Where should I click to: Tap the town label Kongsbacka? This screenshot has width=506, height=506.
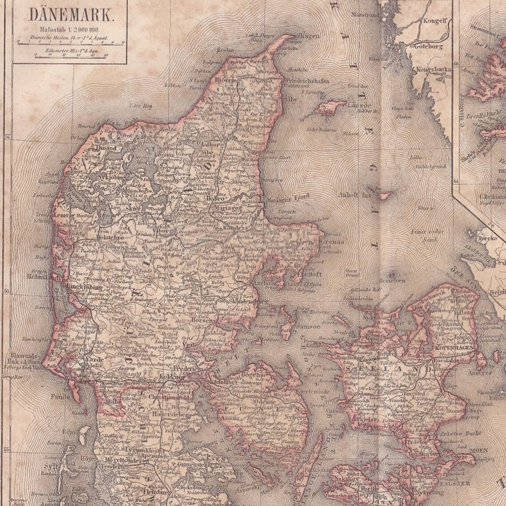(434, 69)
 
